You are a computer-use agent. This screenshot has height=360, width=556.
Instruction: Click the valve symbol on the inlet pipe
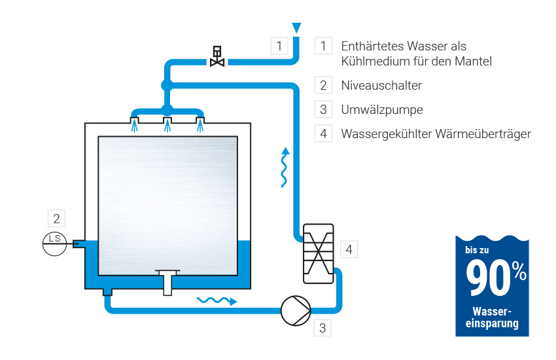(217, 57)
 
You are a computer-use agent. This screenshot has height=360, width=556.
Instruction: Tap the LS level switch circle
(54, 239)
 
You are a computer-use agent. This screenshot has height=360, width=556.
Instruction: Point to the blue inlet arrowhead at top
(297, 27)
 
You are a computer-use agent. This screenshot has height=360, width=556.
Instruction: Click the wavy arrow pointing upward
(284, 168)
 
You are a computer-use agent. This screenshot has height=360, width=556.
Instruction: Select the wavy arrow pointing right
(217, 300)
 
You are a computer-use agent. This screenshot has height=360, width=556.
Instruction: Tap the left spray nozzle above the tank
(134, 122)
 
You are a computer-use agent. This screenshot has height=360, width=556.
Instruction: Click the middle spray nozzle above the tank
(167, 122)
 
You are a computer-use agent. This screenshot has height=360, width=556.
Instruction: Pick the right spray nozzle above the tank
(200, 122)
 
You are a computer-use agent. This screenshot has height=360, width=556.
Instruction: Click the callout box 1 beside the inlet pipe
(279, 46)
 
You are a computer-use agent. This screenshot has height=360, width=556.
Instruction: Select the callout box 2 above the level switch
(57, 218)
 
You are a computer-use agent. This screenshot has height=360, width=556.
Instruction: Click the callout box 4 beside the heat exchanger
(349, 249)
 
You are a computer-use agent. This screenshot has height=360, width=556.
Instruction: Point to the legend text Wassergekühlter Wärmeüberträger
(436, 134)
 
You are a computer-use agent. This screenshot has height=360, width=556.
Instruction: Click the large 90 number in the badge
(487, 278)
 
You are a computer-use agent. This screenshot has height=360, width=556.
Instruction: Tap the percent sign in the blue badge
(519, 272)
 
